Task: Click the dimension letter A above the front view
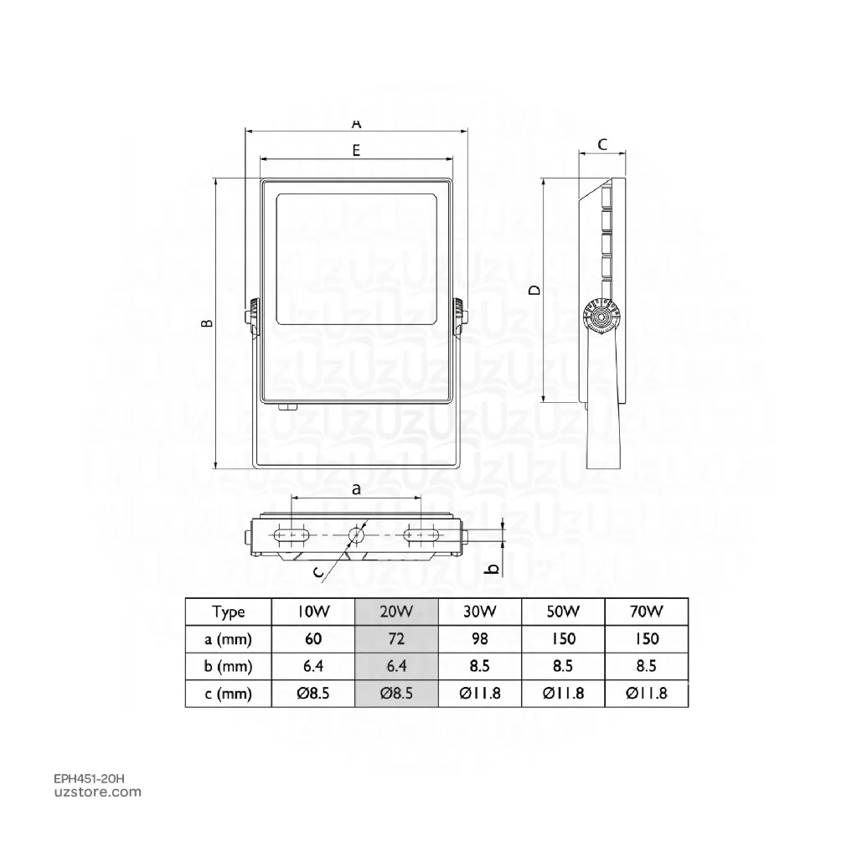point(356,124)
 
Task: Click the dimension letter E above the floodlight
point(356,150)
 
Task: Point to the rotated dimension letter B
point(207,323)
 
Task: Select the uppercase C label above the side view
point(602,144)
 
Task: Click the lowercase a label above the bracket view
point(356,488)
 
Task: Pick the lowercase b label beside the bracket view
point(493,569)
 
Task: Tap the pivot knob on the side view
point(601,317)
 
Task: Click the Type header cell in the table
point(229,612)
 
